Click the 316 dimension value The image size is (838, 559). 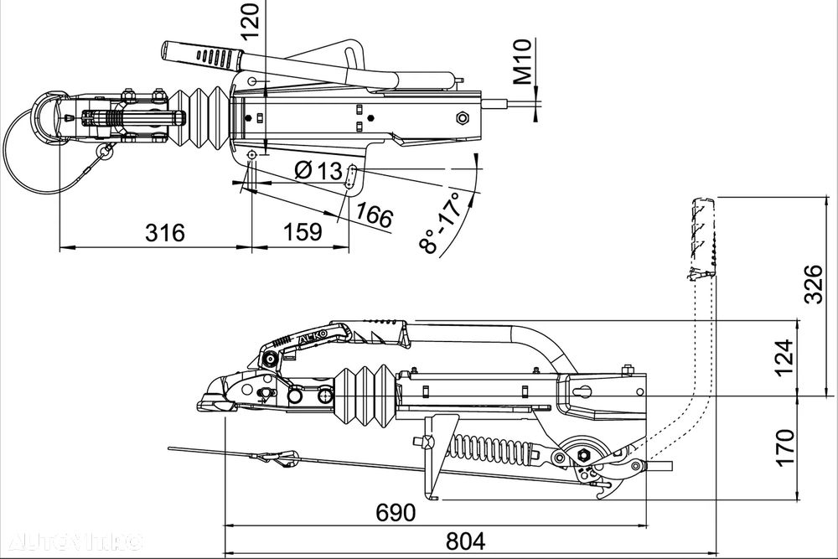[x=164, y=232]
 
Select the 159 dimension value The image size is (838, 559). [x=299, y=232]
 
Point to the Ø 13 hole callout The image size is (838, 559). [x=319, y=171]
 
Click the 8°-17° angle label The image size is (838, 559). [x=442, y=223]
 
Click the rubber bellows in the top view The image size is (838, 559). [x=205, y=116]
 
